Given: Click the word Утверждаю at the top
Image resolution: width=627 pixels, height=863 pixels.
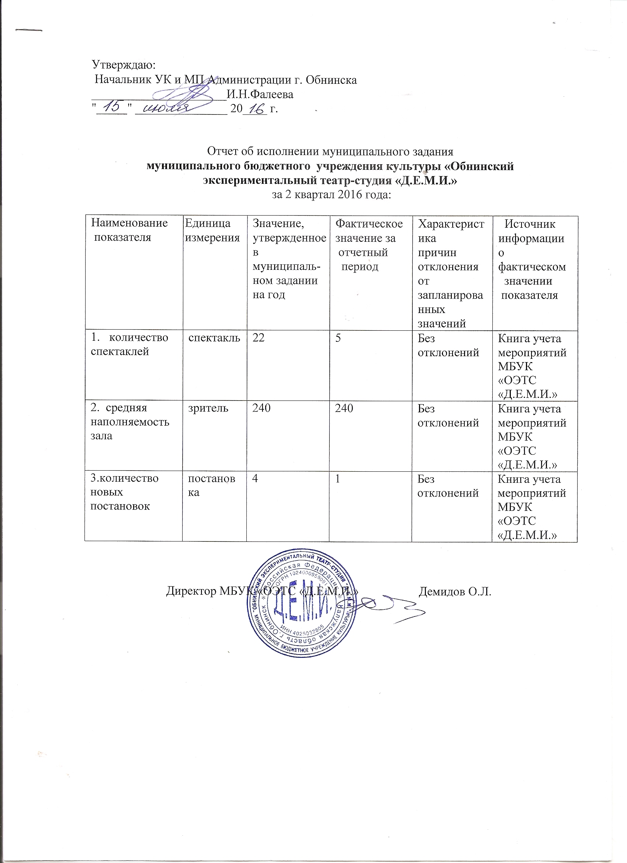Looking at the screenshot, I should click(124, 65).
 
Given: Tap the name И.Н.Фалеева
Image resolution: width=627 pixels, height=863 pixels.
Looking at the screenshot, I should click(260, 94).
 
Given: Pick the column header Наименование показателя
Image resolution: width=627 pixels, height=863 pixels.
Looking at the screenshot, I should click(129, 230).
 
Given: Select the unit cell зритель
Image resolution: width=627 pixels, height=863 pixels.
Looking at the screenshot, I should click(209, 409).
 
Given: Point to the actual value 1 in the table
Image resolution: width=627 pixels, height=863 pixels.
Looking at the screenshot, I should click(337, 479).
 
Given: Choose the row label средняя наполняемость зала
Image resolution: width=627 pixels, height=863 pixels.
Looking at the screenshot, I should click(130, 422).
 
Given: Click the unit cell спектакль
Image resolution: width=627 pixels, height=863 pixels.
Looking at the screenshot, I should click(214, 337).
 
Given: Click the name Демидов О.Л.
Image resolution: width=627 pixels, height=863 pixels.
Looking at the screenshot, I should click(455, 592).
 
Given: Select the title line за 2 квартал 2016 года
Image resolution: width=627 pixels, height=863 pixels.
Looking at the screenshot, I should click(331, 195).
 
